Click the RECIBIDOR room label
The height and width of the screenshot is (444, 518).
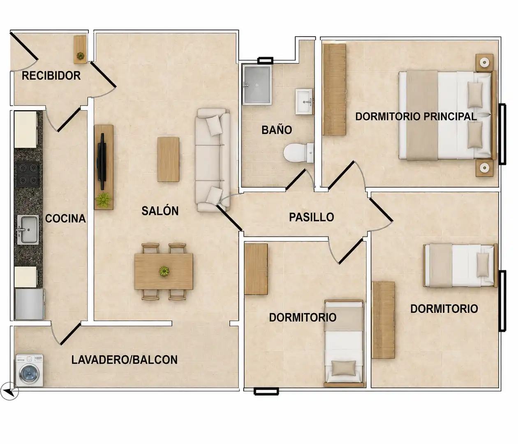[x=51, y=76]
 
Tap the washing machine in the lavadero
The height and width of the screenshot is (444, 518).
[x=30, y=370]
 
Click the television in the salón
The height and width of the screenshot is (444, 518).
[x=102, y=162]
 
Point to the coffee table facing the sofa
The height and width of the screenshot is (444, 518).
[x=168, y=159]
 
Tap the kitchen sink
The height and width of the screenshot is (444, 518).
[x=28, y=229]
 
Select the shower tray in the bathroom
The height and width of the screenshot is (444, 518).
[x=257, y=85]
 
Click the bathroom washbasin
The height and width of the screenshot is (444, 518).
[x=304, y=102]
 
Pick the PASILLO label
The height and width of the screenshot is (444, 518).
[x=312, y=217]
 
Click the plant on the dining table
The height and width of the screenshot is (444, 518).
[x=164, y=271]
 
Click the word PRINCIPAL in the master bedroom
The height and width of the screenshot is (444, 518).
[x=450, y=116]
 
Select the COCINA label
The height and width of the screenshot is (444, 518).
[x=65, y=218]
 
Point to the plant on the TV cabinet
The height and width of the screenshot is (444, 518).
[x=103, y=200]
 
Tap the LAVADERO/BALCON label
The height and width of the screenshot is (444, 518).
[x=125, y=360]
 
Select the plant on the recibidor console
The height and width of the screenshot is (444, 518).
[x=81, y=55]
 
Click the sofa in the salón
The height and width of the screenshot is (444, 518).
[x=213, y=160]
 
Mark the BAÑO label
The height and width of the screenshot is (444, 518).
[x=277, y=130]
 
